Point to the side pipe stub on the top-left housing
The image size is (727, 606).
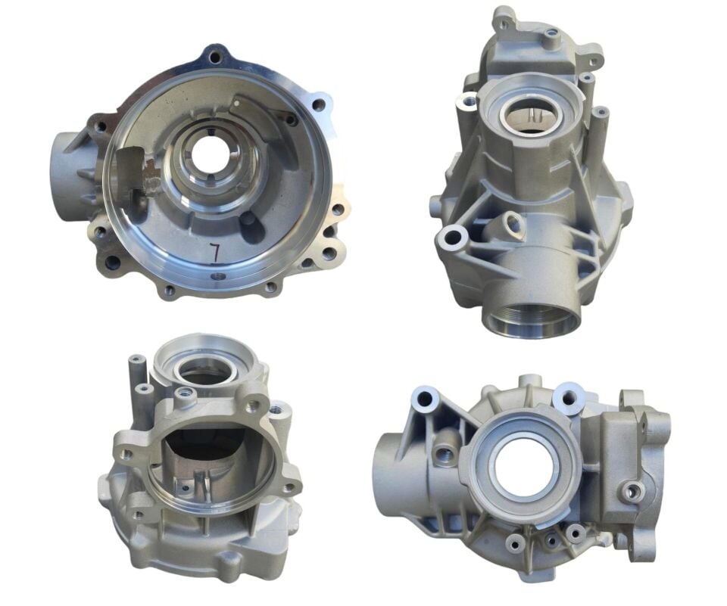click(70, 171)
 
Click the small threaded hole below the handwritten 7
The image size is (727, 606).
click(215, 276)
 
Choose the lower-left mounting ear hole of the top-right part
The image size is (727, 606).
click(455, 238)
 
